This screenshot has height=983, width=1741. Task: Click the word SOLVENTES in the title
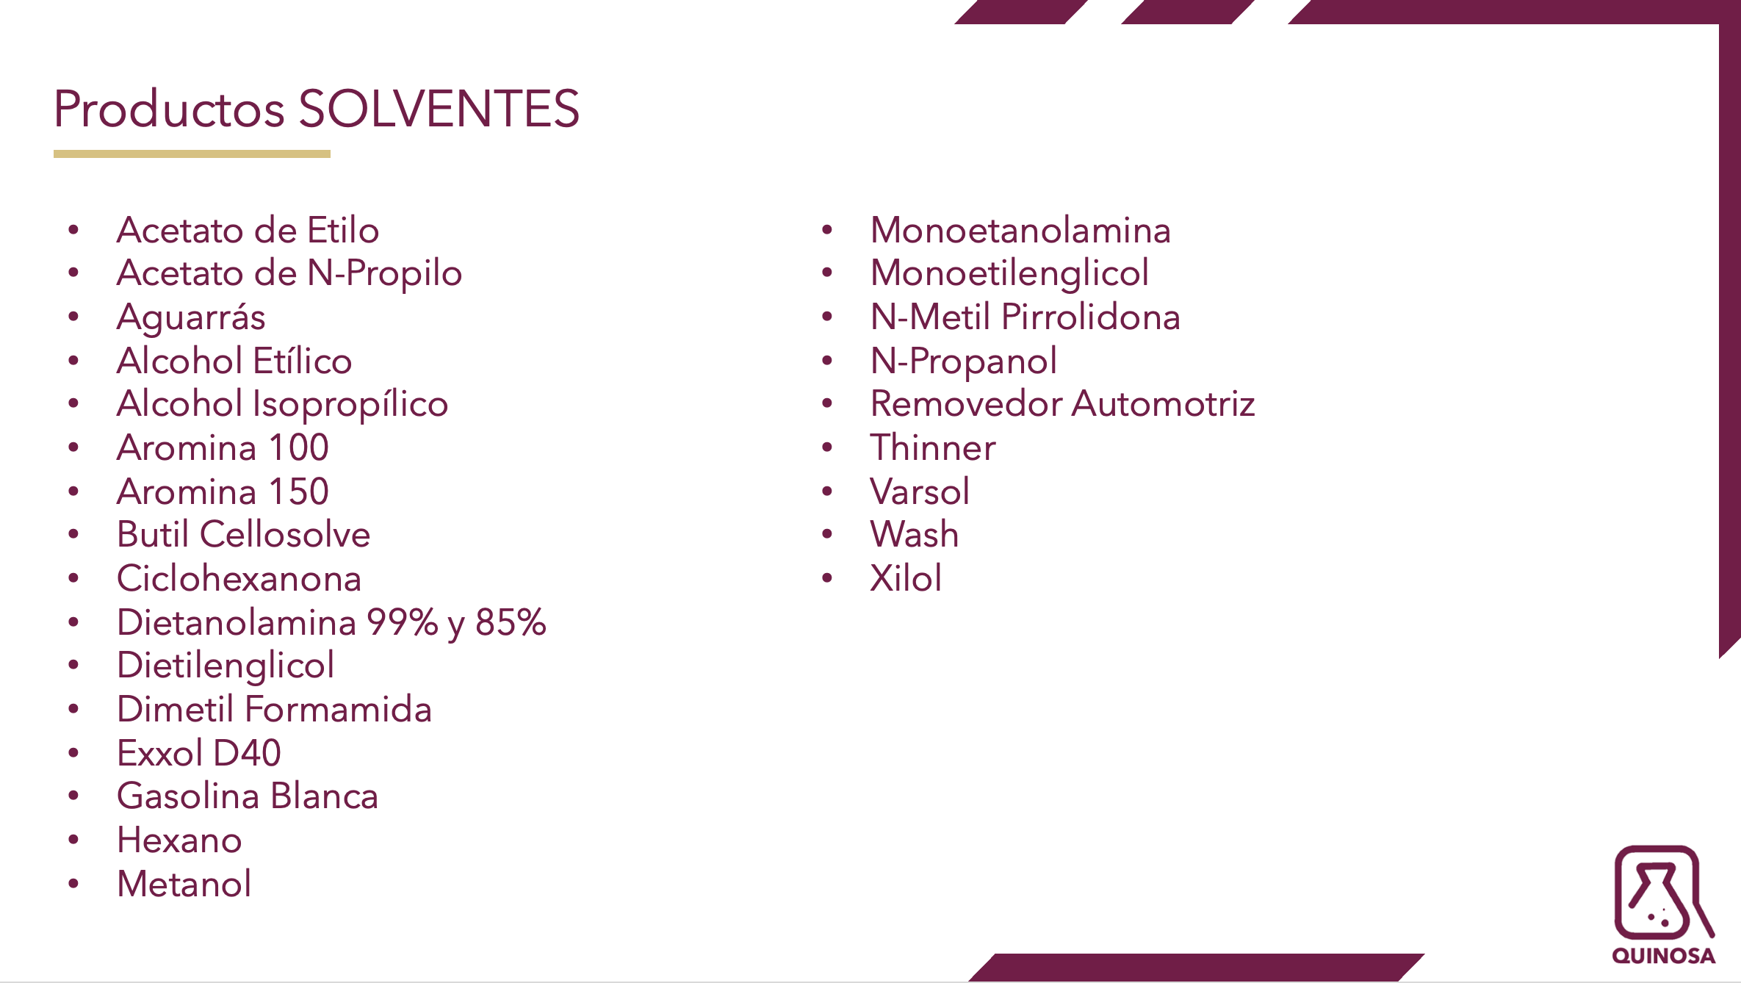(x=439, y=109)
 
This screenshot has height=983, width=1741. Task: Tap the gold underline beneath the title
(x=192, y=154)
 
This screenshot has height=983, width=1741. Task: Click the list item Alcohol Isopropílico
(x=283, y=405)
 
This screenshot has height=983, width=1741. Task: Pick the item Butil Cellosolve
(x=244, y=534)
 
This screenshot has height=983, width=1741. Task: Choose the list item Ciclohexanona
(x=239, y=578)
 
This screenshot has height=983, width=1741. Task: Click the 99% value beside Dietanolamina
(x=403, y=622)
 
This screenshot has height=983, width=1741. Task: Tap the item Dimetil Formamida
(x=275, y=709)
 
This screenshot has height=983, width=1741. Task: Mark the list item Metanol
(x=184, y=884)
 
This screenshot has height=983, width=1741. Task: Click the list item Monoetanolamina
(x=1020, y=230)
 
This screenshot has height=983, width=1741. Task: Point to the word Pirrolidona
(x=1091, y=317)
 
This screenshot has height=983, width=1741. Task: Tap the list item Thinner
(x=933, y=447)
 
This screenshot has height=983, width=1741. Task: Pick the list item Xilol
(x=906, y=578)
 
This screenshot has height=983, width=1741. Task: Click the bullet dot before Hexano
(x=73, y=840)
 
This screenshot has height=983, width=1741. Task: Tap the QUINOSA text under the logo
(x=1664, y=956)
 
